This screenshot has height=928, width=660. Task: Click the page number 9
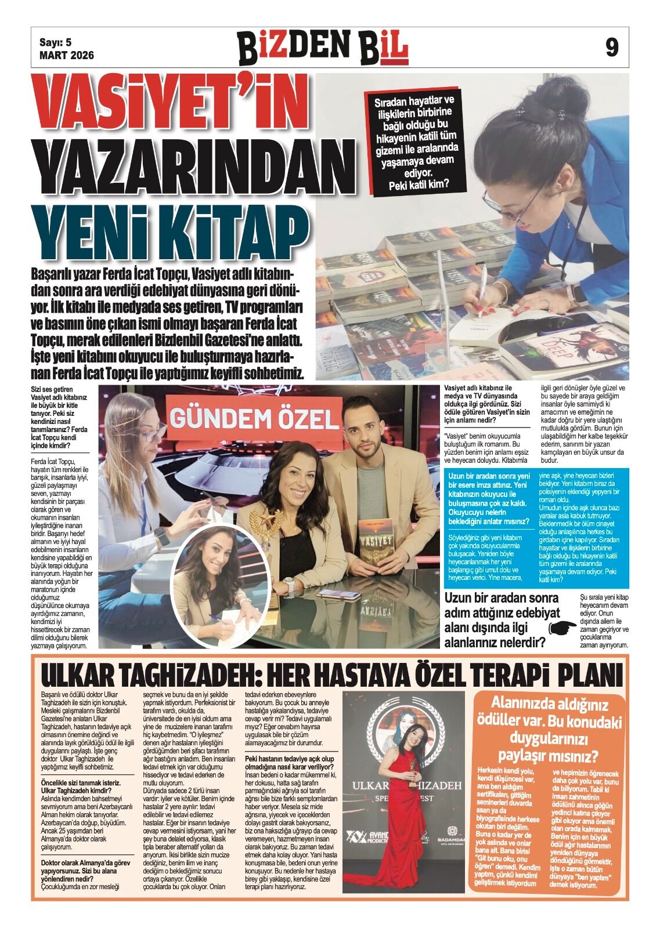point(612,47)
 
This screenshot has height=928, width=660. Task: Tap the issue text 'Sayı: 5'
point(55,42)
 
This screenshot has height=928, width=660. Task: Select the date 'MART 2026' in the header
point(66,56)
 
